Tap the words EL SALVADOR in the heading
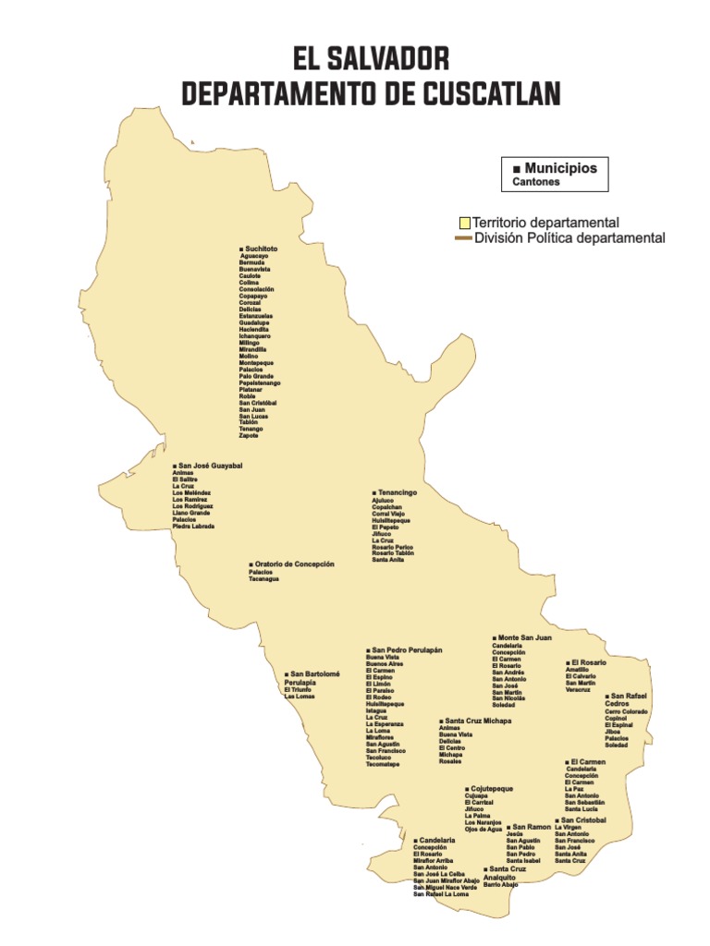point(371,59)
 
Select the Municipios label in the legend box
point(560,169)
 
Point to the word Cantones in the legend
point(536,183)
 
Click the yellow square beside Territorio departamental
point(465,223)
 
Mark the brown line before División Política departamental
point(462,238)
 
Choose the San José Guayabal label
point(210,466)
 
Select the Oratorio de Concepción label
point(294,564)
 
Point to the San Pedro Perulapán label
point(407,649)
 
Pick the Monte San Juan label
point(524,637)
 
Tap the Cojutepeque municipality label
point(492,789)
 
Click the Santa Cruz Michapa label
point(477,721)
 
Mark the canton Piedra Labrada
point(193,527)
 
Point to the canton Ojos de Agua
point(484,830)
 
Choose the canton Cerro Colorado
point(626,712)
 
